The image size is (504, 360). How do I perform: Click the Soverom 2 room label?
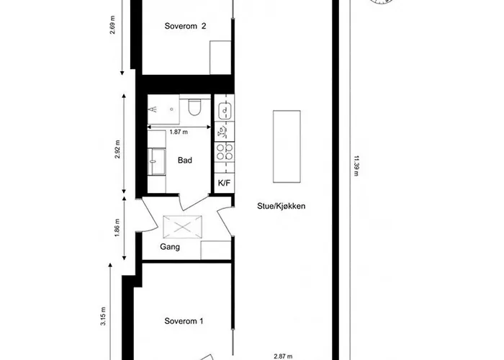(185, 27)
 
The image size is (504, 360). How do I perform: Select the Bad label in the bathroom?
(185, 160)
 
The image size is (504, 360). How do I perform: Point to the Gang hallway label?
(170, 247)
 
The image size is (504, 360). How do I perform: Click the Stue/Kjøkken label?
(282, 206)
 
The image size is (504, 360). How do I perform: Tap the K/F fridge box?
(223, 183)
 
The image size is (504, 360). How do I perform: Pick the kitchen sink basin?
(224, 111)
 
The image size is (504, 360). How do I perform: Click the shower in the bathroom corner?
(163, 109)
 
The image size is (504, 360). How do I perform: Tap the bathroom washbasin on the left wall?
(155, 160)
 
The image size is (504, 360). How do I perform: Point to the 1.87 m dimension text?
(179, 132)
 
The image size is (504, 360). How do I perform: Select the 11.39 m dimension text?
(356, 169)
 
